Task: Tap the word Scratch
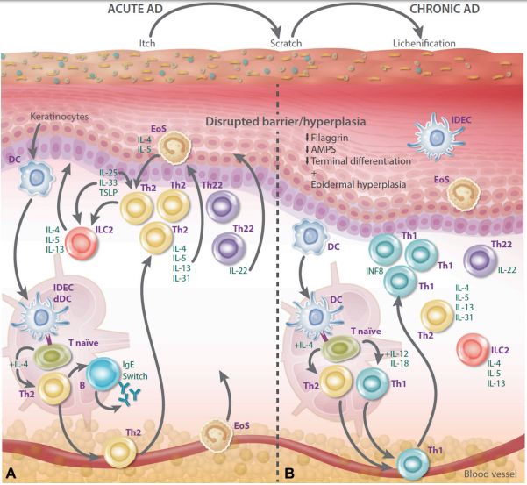(x=287, y=42)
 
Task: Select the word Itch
(x=146, y=42)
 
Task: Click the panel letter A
(x=11, y=473)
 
